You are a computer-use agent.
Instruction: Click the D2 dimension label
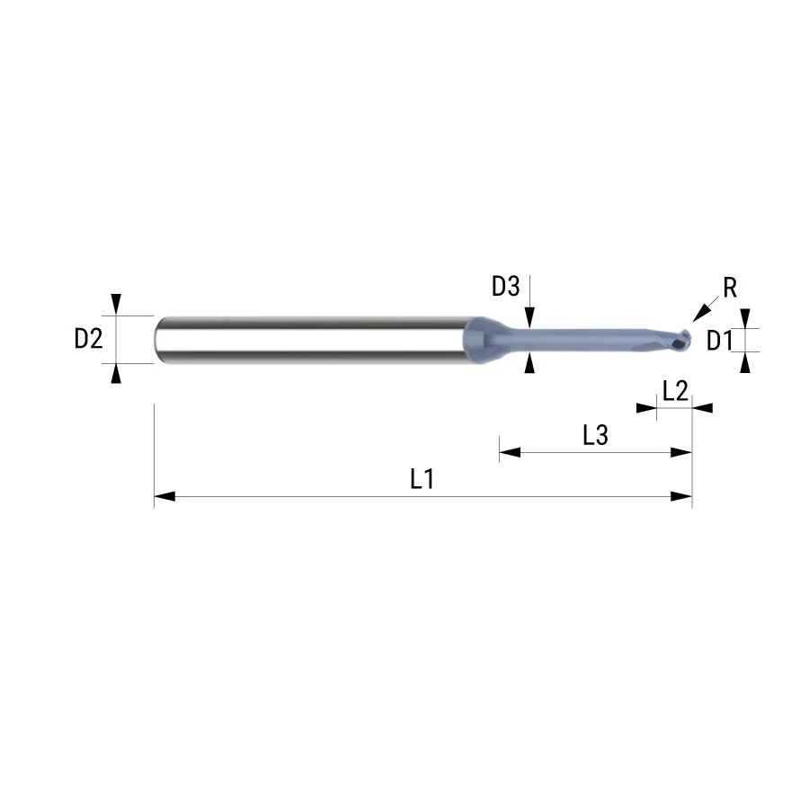(89, 339)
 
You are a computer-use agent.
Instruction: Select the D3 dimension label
(505, 287)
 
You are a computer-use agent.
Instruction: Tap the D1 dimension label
(719, 341)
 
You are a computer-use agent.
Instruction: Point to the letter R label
(730, 288)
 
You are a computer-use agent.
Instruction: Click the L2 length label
(675, 391)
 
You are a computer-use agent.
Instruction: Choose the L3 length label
(595, 435)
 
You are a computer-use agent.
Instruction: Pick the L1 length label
(422, 479)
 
